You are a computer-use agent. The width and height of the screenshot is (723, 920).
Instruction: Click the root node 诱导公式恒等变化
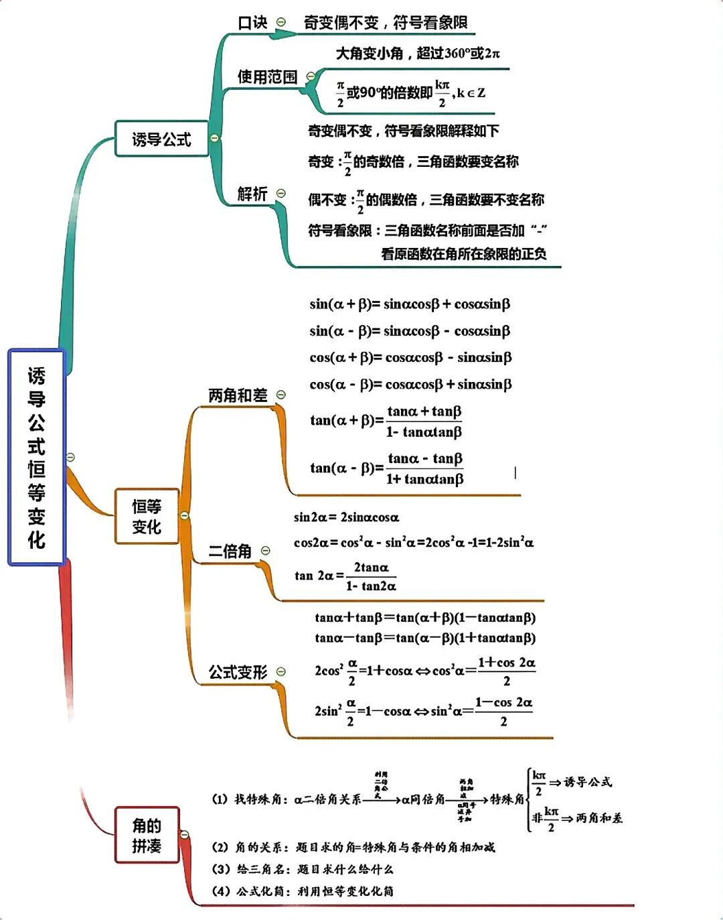click(37, 457)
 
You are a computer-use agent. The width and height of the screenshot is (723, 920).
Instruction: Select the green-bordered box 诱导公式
click(161, 139)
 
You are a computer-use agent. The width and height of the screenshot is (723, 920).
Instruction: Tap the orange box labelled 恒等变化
click(147, 517)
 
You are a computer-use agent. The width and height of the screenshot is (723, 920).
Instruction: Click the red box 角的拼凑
click(147, 835)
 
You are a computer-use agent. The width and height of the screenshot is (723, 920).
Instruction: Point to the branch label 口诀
click(252, 23)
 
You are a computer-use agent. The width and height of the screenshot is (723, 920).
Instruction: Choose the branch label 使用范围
click(267, 77)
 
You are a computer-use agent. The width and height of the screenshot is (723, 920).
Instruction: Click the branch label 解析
click(252, 194)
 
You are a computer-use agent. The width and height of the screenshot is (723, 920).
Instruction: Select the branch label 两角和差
click(238, 395)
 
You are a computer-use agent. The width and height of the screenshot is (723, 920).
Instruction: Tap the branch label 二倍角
click(230, 551)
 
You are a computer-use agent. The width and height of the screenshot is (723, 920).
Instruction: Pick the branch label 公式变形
click(238, 672)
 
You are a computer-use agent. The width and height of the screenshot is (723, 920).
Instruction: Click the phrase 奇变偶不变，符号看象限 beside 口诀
click(386, 23)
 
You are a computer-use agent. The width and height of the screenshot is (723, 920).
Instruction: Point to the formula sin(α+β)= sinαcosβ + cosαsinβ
click(410, 304)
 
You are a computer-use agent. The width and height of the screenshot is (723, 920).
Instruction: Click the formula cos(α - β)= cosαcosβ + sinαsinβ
click(410, 385)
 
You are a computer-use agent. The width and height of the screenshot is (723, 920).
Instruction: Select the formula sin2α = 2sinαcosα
click(346, 517)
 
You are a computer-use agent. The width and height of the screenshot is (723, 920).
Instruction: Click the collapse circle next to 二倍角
click(266, 551)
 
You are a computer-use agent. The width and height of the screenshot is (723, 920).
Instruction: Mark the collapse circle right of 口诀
click(281, 22)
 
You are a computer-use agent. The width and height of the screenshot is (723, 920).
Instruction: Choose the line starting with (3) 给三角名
click(303, 869)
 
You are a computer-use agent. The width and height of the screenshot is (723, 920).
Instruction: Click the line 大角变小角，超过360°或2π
click(418, 54)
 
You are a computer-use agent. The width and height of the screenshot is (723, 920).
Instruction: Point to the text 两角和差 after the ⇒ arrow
click(599, 817)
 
